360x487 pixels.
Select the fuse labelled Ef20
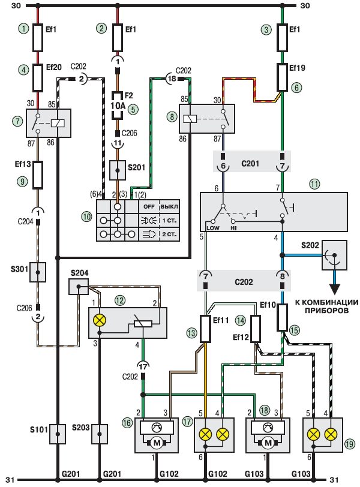coord(37,76)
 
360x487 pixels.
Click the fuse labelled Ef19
coord(283,76)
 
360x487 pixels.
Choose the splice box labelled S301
coord(37,272)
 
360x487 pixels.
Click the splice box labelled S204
coord(78,286)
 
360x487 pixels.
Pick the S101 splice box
coord(57,432)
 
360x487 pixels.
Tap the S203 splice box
coord(99,432)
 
